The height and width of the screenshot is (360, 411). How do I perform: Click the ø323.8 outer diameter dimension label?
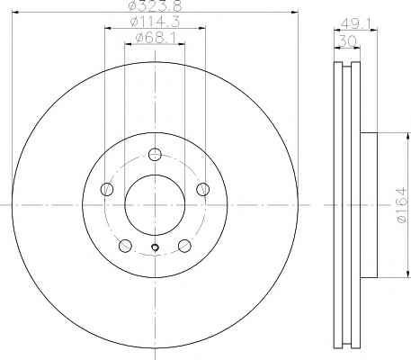[155, 5]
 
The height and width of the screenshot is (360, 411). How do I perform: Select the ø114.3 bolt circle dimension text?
[155, 22]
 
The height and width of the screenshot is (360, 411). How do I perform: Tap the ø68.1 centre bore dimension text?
[155, 38]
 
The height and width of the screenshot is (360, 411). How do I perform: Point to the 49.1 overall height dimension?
[356, 24]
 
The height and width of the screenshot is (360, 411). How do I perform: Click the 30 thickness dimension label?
[347, 40]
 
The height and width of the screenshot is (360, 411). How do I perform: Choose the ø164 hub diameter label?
[401, 205]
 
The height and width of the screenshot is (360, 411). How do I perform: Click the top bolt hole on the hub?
[155, 155]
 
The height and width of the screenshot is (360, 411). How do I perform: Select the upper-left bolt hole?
[107, 189]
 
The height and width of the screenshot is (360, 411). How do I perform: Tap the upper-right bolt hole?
[203, 189]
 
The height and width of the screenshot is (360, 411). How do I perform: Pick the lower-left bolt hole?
[125, 246]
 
